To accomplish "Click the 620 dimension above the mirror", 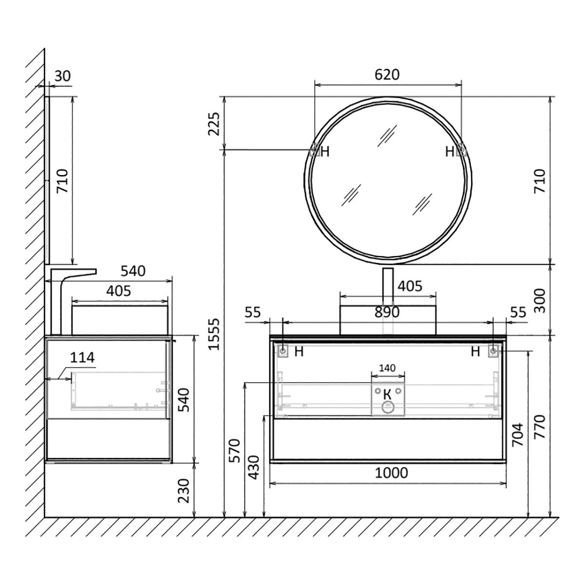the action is point(387,75).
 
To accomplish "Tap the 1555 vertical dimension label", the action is point(214,334).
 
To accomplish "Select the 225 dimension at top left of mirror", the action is point(214,124).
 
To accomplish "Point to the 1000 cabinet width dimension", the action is point(391,473).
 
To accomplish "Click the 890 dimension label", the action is point(387,312).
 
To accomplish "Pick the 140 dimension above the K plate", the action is point(388,368).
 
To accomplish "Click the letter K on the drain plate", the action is point(387,395).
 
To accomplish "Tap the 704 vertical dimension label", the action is point(518,435).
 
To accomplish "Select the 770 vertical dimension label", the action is point(540,427).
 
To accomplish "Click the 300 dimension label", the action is point(540,301).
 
